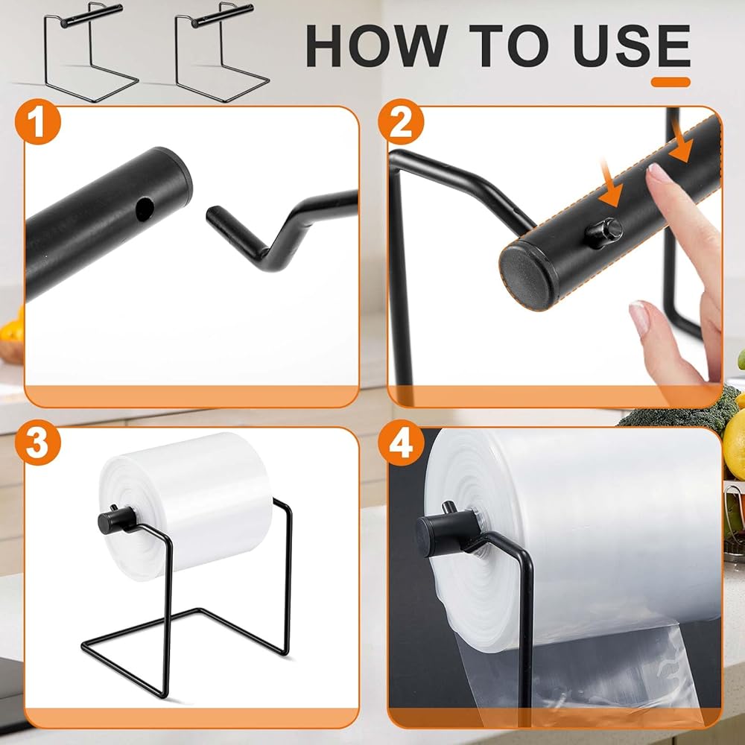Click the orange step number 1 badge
coord(38,121)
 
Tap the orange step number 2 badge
coord(401,121)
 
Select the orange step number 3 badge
coord(38,443)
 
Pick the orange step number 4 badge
coord(401,443)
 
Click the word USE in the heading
coord(632,46)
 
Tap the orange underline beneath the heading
coord(670,82)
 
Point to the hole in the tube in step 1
coord(145,209)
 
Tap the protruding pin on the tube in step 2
coord(604,232)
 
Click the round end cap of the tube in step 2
coord(527,278)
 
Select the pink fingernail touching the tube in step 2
coord(659,174)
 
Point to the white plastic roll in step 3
coord(186,506)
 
